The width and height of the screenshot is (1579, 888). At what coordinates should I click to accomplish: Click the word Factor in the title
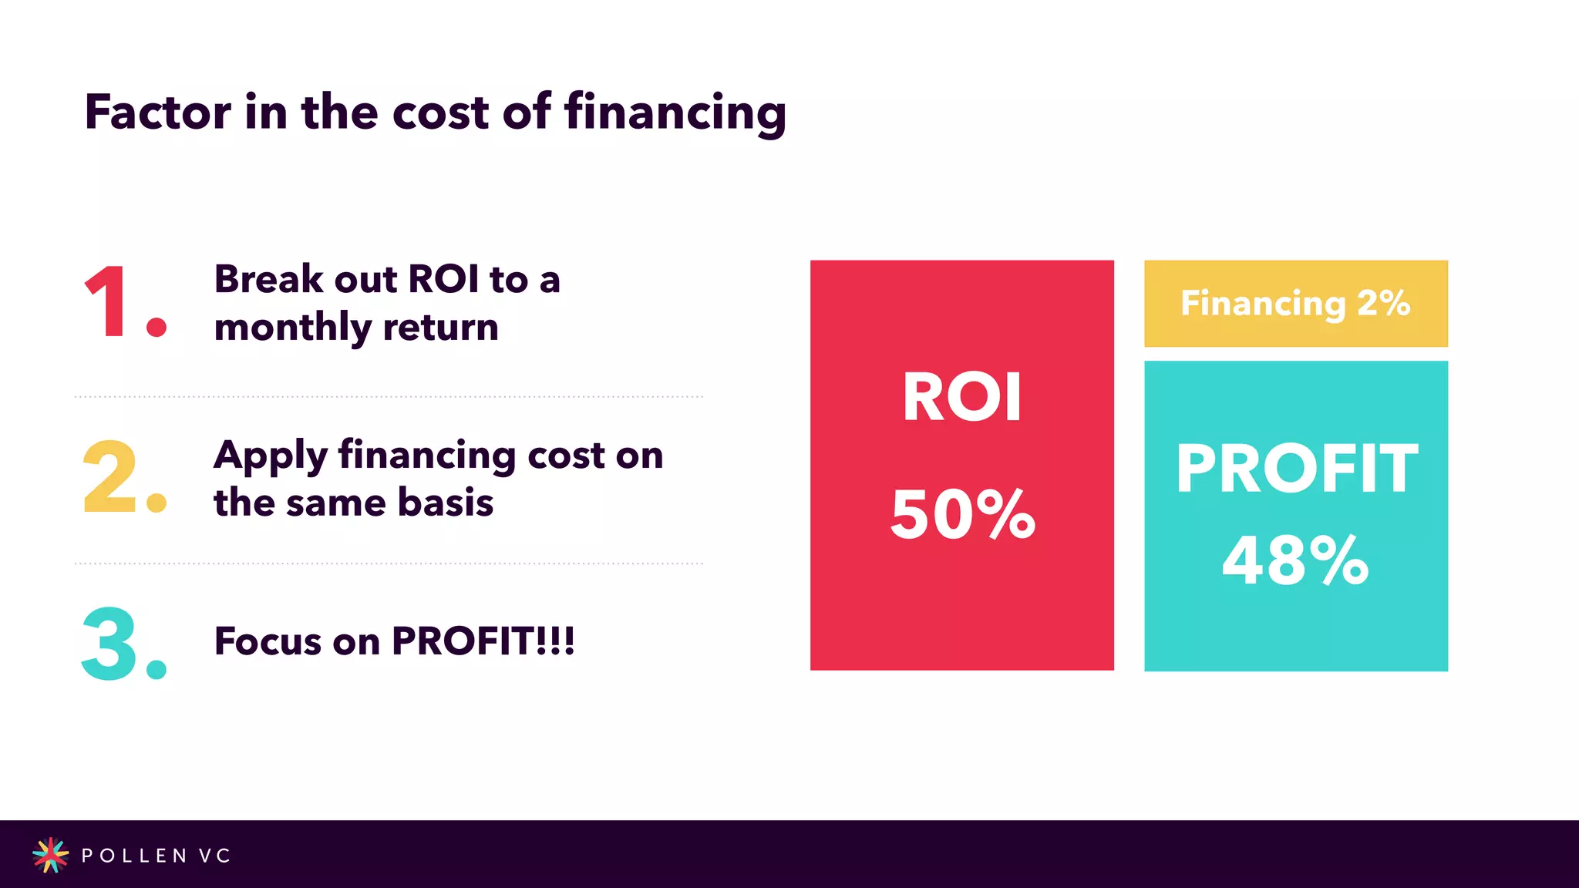coord(157,113)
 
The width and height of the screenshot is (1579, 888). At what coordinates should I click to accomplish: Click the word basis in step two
coord(445,503)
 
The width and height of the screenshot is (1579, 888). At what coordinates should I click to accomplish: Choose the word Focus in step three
coord(267,641)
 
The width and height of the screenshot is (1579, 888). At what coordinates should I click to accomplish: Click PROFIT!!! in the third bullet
coord(483,641)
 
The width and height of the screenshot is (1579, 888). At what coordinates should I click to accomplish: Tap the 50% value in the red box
coord(962,514)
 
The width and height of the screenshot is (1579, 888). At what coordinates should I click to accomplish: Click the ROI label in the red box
coord(962,398)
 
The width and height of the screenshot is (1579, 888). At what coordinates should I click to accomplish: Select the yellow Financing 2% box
coord(1295,304)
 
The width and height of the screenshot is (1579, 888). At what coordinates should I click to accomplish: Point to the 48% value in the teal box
coord(1295,560)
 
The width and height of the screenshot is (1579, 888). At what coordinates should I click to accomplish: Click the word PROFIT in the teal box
coord(1296,469)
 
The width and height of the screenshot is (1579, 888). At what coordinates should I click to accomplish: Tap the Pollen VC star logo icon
coord(50,855)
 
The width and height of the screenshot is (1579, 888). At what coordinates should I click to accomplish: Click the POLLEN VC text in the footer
coord(156,856)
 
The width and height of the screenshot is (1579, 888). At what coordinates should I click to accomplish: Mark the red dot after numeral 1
coord(157,328)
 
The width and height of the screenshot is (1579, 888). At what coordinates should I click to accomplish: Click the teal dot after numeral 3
coord(157,669)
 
